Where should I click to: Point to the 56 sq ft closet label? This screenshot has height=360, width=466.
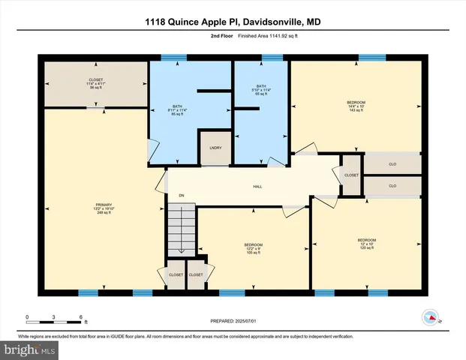click(96, 83)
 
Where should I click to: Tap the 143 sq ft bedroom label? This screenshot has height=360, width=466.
click(356, 106)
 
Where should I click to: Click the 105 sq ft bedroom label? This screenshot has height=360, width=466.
click(253, 248)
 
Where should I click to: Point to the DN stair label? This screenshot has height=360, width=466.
click(181, 196)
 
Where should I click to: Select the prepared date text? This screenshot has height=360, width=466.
click(233, 320)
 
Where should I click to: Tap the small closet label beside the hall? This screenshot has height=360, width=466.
click(351, 175)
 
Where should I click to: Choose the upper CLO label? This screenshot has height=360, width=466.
click(392, 163)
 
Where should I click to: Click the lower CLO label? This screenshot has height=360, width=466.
click(392, 185)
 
